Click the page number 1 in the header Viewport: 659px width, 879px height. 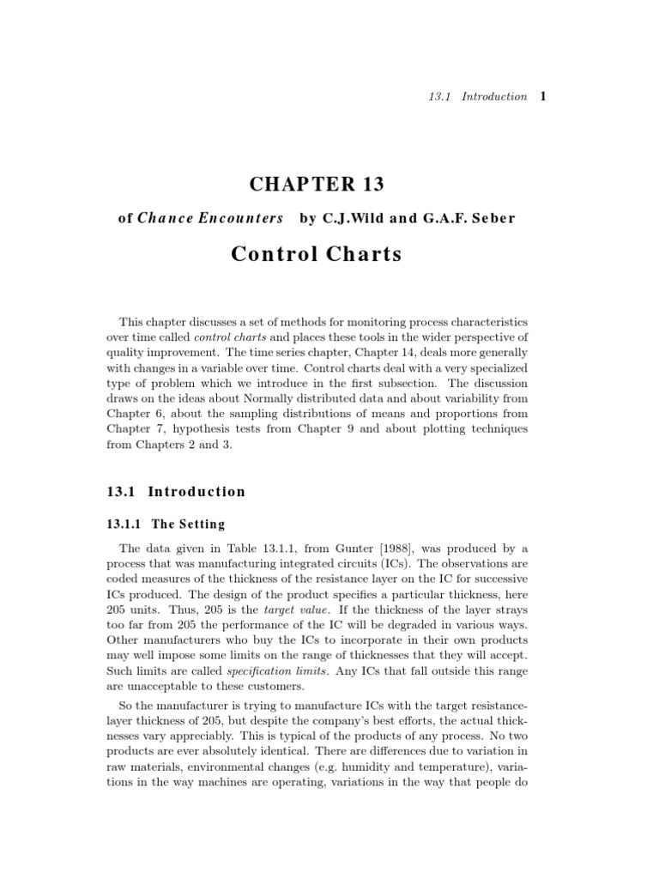coord(543,96)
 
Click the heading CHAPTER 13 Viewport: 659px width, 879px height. coord(317,184)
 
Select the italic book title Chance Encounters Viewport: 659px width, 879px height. coord(210,218)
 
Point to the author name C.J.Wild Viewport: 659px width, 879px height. coord(352,218)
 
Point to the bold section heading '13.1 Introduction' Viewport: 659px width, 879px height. coord(175,492)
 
